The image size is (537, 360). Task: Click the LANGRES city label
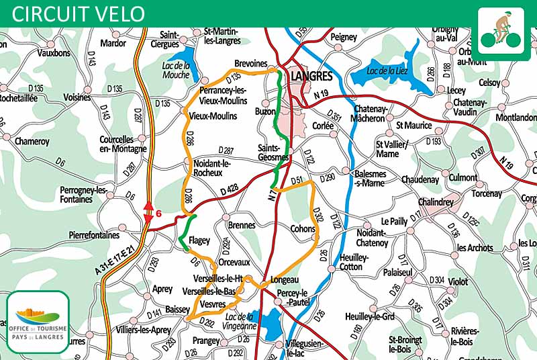coord(313,77)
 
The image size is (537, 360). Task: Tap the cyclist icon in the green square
coord(500,30)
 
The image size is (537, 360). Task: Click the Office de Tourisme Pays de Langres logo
coord(38,322)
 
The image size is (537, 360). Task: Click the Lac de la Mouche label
coord(177,70)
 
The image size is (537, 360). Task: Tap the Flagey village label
coord(199,240)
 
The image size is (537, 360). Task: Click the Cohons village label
coord(303,229)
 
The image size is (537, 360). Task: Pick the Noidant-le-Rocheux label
coord(212,168)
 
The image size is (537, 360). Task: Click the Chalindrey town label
coord(436,202)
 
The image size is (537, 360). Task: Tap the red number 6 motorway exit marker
coord(159,214)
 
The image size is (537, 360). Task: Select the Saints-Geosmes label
coord(273,152)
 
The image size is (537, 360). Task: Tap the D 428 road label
coord(230,192)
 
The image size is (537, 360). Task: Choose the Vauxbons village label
coord(54,52)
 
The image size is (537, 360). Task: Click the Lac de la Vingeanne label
coord(241,321)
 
